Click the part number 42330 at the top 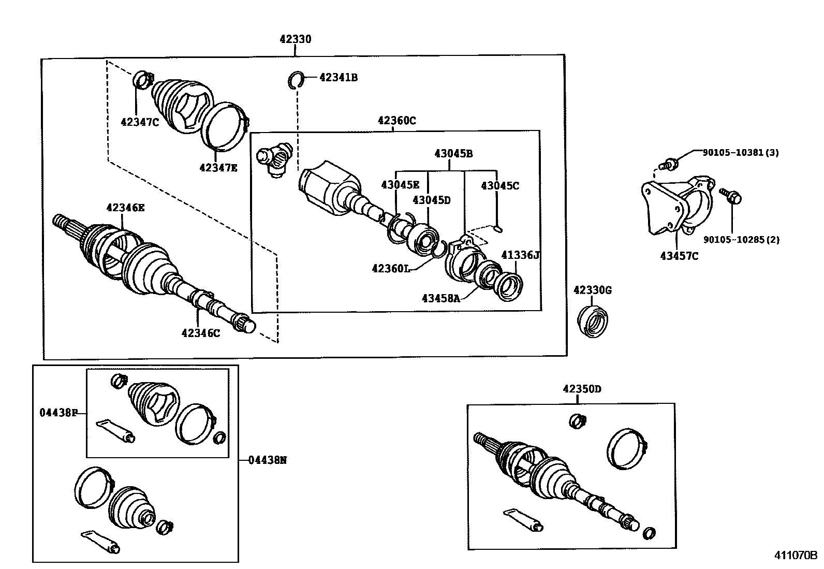point(295,39)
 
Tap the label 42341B point(339,78)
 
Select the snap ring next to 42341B point(296,80)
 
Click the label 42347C point(140,122)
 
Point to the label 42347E point(218,167)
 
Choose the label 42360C point(396,121)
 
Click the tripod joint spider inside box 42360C point(275,158)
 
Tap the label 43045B point(453,153)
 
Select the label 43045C point(499,185)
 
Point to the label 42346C point(200,333)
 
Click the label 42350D point(582,389)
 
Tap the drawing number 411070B point(795,556)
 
